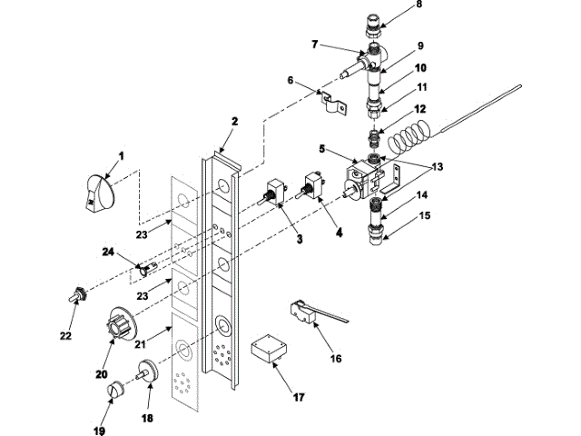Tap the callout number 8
(419, 4)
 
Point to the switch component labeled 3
(272, 195)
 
